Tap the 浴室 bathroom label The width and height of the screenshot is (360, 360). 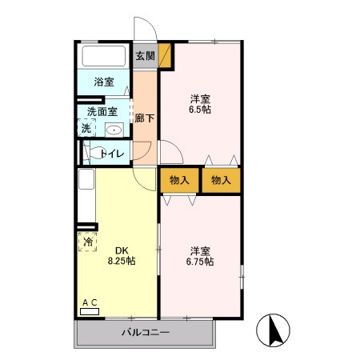tap(104, 82)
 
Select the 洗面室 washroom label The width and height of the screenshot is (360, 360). tap(102, 112)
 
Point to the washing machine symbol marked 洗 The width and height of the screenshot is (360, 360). tap(86, 128)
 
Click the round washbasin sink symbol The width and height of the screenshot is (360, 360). tap(114, 130)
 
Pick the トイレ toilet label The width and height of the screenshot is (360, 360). tap(110, 152)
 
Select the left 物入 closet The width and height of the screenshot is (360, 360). tap(179, 180)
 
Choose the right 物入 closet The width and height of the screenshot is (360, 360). tap(221, 180)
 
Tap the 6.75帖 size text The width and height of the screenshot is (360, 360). tap(199, 261)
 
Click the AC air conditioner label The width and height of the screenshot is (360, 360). tap(90, 302)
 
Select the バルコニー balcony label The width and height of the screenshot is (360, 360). tap(146, 332)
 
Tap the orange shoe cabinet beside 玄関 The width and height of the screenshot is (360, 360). tap(166, 55)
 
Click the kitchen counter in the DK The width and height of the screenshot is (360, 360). tap(86, 197)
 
